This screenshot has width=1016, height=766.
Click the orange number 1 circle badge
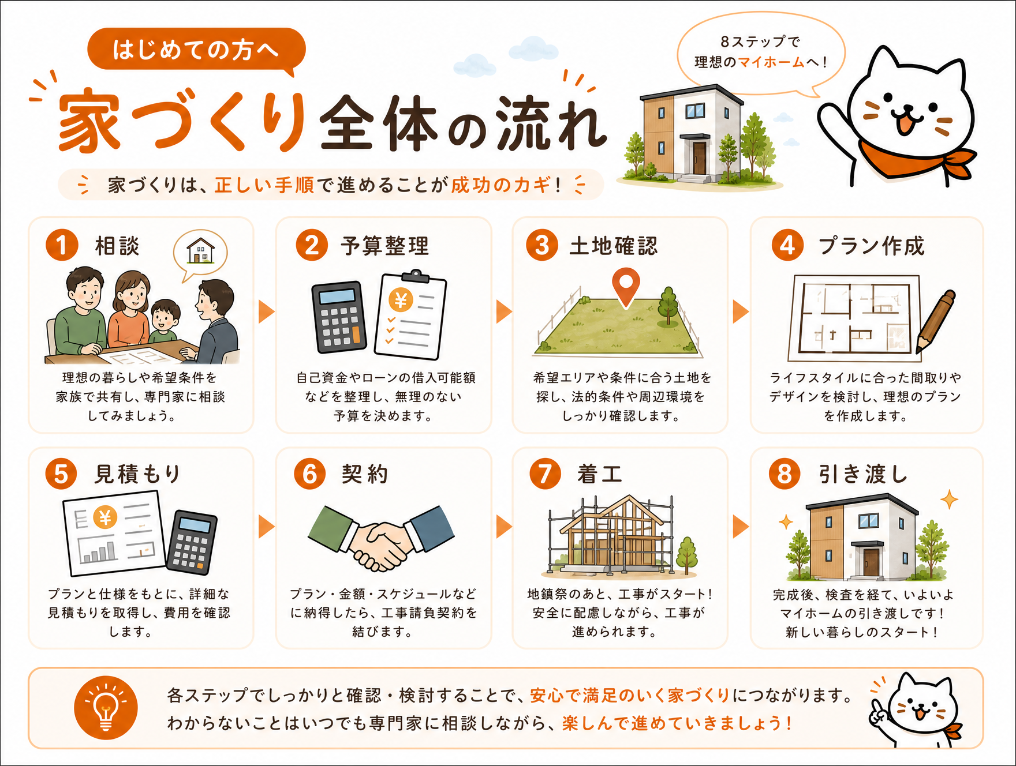pyautogui.click(x=62, y=245)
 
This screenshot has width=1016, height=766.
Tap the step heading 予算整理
pyautogui.click(x=385, y=246)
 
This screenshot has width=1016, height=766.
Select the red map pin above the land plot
pyautogui.click(x=626, y=287)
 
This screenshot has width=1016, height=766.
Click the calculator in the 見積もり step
pyautogui.click(x=192, y=542)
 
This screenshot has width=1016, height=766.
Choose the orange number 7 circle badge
pyautogui.click(x=545, y=474)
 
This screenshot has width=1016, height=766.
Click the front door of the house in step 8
pyautogui.click(x=871, y=562)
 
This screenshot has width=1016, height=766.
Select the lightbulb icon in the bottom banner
pyautogui.click(x=106, y=708)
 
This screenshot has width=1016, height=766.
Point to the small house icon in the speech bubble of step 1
pyautogui.click(x=200, y=251)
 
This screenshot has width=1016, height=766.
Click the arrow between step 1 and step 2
pyautogui.click(x=266, y=311)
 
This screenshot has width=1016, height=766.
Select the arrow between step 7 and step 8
pyautogui.click(x=741, y=526)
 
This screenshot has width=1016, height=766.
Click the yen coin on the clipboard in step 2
pyautogui.click(x=401, y=300)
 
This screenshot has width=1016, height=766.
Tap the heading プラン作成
pyautogui.click(x=872, y=246)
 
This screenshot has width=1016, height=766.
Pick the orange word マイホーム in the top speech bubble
pyautogui.click(x=771, y=62)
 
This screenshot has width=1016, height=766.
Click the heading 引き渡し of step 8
pyautogui.click(x=863, y=474)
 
